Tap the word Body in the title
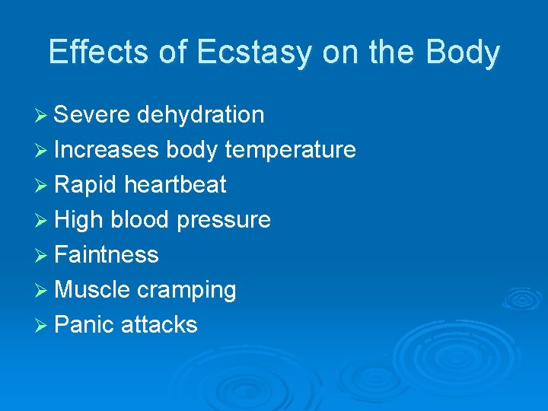pos(463,53)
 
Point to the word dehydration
pos(201,115)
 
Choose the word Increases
pos(107,150)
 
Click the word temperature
pos(291,151)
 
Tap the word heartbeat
pos(175,185)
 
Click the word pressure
pos(224,221)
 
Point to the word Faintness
pos(107,255)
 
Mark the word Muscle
pos(93,290)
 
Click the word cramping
pos(186,291)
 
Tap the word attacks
pos(159,325)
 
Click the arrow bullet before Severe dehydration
pos(43,116)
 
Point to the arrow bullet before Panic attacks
pos(43,326)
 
